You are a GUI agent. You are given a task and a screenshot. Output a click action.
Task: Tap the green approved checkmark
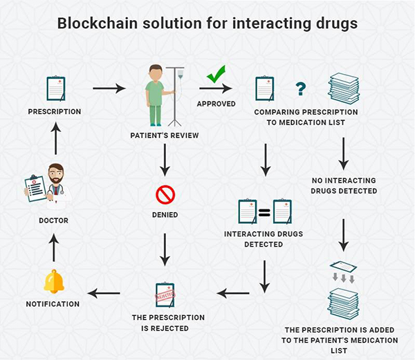pos(216,74)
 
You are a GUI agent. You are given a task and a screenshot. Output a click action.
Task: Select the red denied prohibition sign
pos(165,196)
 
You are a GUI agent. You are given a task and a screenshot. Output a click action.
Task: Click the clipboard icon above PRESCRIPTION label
pos(55,88)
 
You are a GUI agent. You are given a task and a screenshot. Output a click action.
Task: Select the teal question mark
pos(300,88)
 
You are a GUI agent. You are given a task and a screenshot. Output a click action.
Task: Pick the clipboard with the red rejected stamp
pos(164,294)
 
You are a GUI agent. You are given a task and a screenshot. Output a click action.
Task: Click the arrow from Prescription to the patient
pos(109,88)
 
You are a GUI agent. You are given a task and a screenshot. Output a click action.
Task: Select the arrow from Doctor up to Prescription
pos(55,138)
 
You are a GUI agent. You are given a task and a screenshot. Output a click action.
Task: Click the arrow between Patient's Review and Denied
pos(165,162)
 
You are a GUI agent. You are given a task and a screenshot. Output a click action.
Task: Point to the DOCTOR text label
pos(53,220)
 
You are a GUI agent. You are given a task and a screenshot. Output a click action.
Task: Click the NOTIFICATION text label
pos(53,304)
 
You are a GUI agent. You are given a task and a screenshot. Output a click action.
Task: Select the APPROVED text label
pos(216,104)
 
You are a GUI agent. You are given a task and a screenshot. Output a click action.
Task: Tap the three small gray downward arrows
pos(343,278)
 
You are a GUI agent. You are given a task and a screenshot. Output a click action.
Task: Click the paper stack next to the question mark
pos(343,88)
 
